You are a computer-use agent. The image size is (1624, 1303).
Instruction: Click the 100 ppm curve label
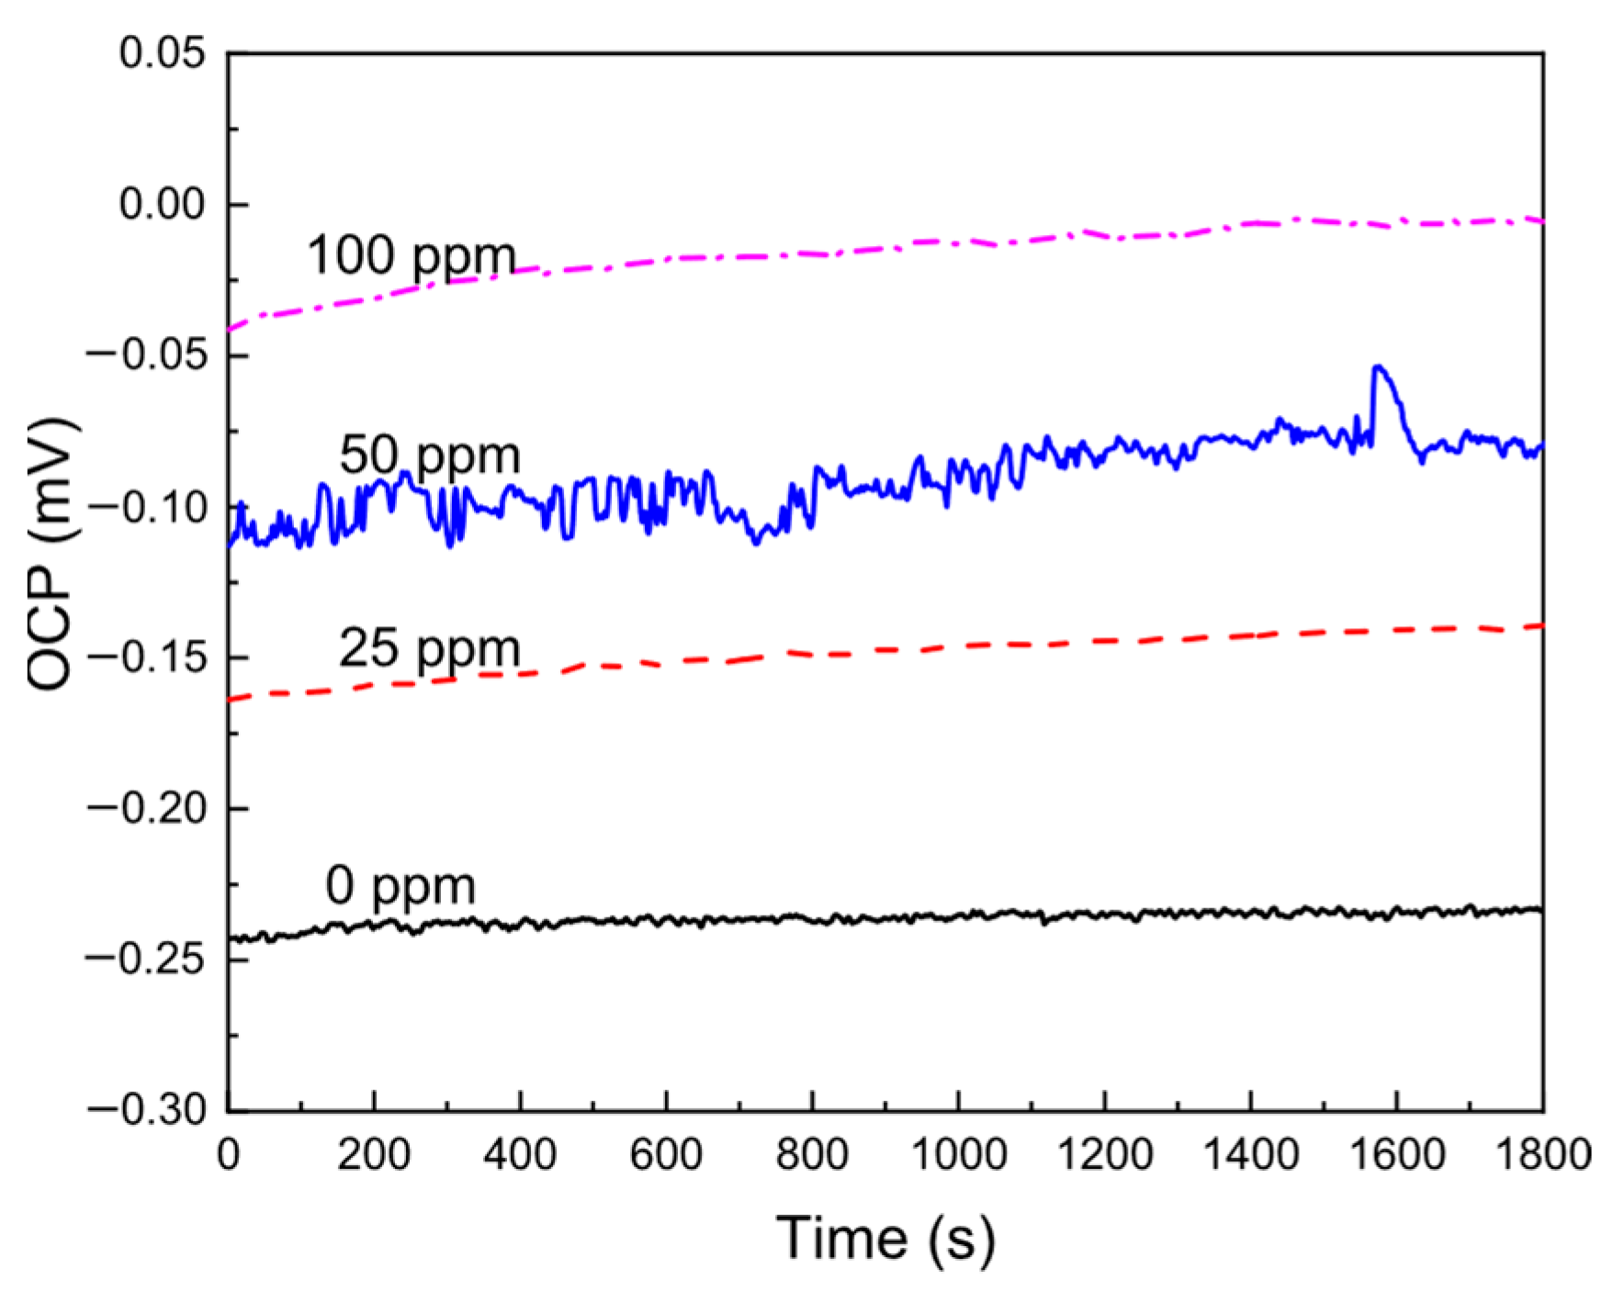point(411,255)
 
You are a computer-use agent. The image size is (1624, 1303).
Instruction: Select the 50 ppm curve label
point(429,455)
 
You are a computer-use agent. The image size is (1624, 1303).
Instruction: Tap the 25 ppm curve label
point(429,648)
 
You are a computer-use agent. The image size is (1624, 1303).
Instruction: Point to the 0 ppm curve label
point(400,886)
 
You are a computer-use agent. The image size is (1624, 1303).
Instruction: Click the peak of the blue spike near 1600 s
point(1377,367)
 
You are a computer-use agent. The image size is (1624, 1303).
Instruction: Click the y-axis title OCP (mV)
point(51,554)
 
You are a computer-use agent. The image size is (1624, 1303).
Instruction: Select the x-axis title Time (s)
point(885,1238)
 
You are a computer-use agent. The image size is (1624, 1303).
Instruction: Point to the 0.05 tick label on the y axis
point(163,53)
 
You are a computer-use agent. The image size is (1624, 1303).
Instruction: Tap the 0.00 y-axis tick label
point(163,204)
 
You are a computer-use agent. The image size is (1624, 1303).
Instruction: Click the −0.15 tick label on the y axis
point(147,657)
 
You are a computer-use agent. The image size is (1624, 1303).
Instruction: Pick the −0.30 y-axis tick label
point(147,1110)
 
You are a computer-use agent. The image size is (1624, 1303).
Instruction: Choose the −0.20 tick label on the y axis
point(147,808)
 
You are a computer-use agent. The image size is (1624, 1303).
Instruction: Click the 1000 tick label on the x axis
point(958,1154)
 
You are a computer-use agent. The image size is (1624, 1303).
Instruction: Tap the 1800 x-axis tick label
point(1542,1154)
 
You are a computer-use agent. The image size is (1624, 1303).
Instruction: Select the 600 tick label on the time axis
point(666,1154)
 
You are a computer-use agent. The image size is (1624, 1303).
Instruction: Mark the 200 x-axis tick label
point(374,1154)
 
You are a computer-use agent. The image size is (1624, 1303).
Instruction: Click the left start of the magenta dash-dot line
point(231,329)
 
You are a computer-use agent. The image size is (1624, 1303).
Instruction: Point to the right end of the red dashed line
point(1541,625)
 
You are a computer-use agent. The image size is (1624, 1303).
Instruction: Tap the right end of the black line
point(1540,910)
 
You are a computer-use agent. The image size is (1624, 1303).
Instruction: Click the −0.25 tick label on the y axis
point(147,960)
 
